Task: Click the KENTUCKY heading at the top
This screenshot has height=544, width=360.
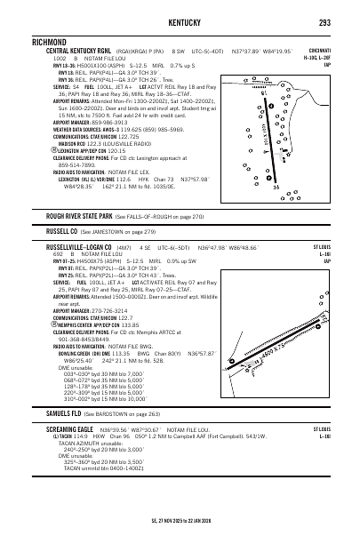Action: (x=179, y=20)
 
